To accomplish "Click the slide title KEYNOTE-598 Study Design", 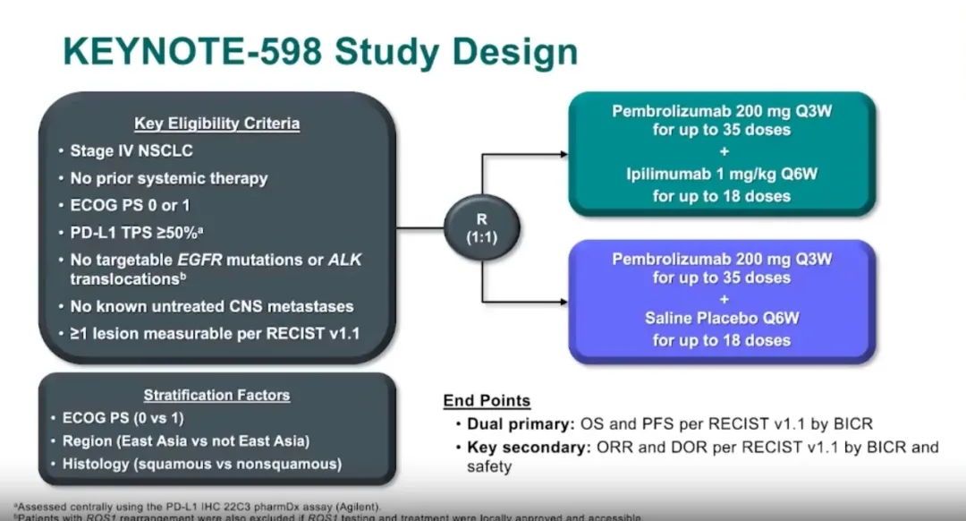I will click(320, 51).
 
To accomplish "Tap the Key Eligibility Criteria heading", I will click(216, 124).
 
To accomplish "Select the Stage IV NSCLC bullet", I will click(131, 150).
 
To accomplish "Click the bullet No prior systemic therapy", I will click(169, 178).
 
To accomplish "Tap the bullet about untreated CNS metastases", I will click(212, 306).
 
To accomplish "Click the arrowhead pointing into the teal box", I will click(563, 154).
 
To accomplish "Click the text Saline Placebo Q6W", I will click(721, 318).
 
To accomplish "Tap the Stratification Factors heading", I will click(216, 395).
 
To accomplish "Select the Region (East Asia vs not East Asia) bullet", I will click(186, 440).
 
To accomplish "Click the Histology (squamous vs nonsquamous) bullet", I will click(202, 464).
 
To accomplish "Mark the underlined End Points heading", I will click(487, 400).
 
